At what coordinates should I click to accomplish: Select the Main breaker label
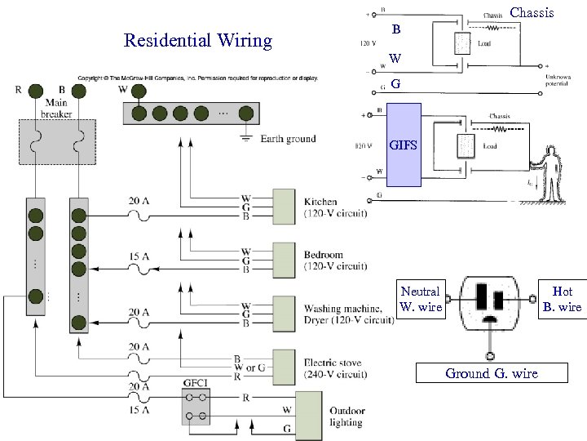[56, 109]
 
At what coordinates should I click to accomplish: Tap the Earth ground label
[288, 139]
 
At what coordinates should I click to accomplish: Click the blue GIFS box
[404, 146]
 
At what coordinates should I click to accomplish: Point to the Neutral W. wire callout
[421, 299]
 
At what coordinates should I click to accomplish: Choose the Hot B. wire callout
[562, 299]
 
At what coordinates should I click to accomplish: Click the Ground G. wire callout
[491, 373]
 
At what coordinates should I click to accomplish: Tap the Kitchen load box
[284, 206]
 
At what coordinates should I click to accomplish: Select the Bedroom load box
[284, 259]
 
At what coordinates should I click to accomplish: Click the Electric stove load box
[284, 365]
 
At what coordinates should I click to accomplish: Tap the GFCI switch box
[196, 407]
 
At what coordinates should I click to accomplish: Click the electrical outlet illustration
[489, 304]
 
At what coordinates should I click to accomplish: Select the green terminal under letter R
[36, 91]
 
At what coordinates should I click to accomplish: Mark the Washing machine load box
[284, 312]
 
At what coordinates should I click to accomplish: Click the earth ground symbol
[245, 137]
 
